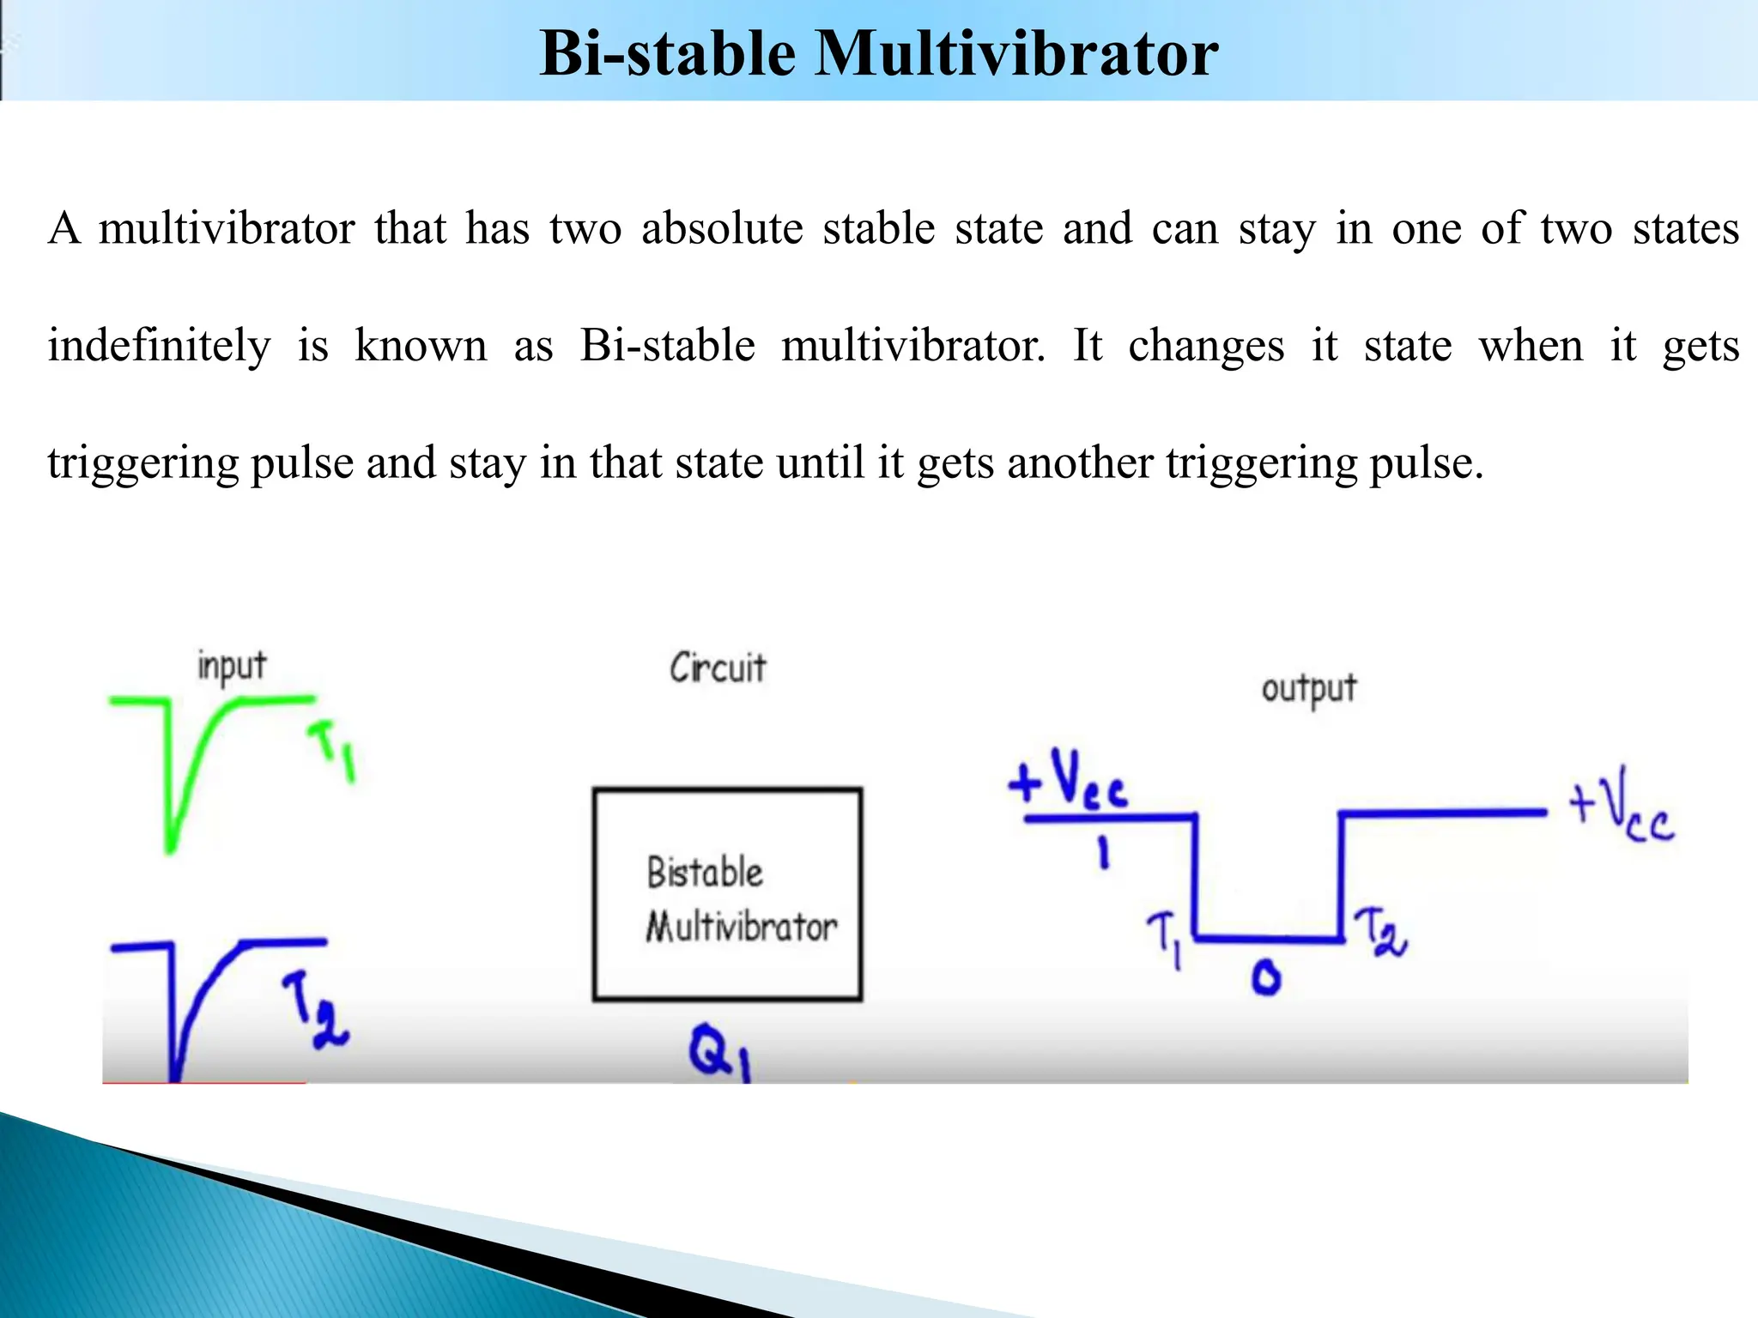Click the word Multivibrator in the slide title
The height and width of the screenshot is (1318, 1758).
pyautogui.click(x=1016, y=53)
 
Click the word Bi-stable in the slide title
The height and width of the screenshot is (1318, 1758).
pyautogui.click(x=668, y=53)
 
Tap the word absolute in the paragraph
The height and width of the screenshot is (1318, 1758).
pyautogui.click(x=721, y=229)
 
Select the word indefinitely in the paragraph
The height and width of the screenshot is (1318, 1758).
pyautogui.click(x=159, y=347)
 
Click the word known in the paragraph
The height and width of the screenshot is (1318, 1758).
pyautogui.click(x=421, y=347)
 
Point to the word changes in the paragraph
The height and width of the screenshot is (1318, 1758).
pyautogui.click(x=1205, y=347)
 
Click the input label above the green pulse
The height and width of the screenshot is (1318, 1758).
pyautogui.click(x=232, y=667)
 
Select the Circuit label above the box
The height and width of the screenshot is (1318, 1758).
pyautogui.click(x=718, y=668)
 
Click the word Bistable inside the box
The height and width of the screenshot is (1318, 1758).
pyautogui.click(x=705, y=873)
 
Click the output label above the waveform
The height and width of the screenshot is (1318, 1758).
pyautogui.click(x=1308, y=689)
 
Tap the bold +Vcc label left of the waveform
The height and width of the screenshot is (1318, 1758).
pyautogui.click(x=1067, y=780)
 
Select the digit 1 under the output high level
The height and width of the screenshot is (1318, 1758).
pyautogui.click(x=1104, y=854)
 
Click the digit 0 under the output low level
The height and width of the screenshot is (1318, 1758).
pyautogui.click(x=1266, y=977)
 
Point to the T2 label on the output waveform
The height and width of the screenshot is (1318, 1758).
pyautogui.click(x=1379, y=934)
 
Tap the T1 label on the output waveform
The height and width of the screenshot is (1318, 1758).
pyautogui.click(x=1167, y=938)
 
